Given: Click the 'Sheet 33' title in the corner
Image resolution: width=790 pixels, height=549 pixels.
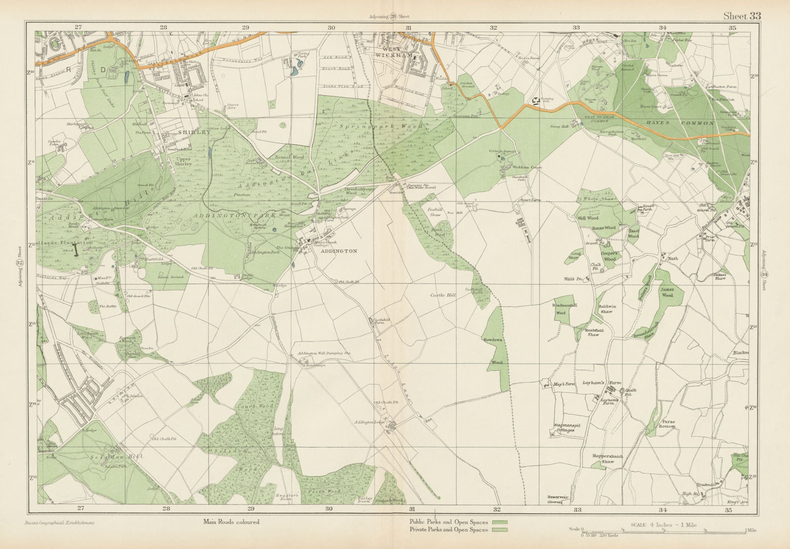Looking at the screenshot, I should coord(742,16).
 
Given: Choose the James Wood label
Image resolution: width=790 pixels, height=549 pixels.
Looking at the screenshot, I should coord(667,292).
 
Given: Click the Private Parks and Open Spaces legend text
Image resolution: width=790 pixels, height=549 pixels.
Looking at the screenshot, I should coord(448,530).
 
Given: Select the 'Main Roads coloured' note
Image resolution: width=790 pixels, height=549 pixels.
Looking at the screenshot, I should coord(231,521).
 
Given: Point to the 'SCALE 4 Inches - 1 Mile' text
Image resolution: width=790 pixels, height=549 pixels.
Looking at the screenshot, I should coord(664,525).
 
